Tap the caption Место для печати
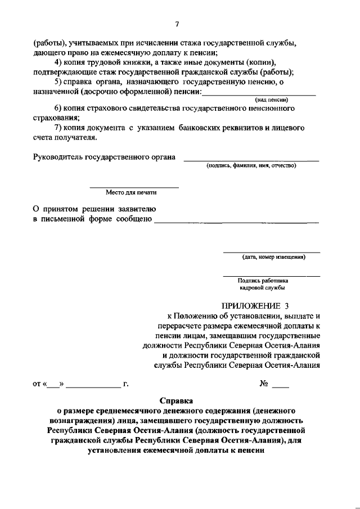click(134, 192)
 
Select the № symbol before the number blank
click(263, 385)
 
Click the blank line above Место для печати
click(134, 187)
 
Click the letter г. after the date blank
click(126, 385)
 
